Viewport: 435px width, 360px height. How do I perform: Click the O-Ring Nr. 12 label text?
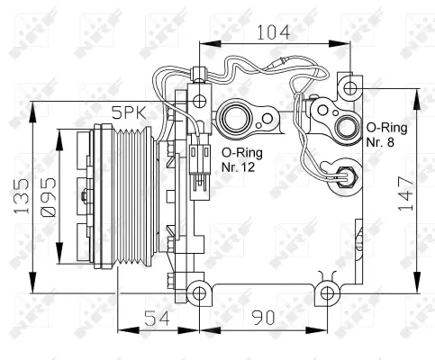click(x=244, y=159)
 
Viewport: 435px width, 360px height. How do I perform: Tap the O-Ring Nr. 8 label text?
click(x=385, y=134)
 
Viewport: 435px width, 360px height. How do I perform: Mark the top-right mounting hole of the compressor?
click(x=351, y=87)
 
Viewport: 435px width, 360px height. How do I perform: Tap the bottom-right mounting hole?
click(x=326, y=291)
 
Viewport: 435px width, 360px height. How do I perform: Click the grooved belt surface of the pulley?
click(x=136, y=199)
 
